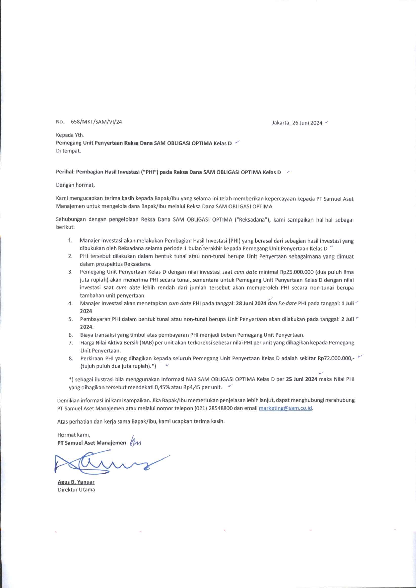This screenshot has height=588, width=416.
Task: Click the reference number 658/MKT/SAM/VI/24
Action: pos(96,122)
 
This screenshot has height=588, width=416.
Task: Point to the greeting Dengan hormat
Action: pos(75,185)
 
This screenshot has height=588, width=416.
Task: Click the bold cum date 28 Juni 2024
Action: pos(251,303)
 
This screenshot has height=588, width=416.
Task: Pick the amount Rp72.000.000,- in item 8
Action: pos(336,359)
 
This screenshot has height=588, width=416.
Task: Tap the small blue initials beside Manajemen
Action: pos(136,442)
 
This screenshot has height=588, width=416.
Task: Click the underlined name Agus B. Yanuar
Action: pos(76,482)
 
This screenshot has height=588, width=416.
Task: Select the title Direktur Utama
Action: pos(76,490)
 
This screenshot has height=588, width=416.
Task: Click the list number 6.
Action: pos(71,335)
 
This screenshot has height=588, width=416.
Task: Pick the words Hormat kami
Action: pos(74,435)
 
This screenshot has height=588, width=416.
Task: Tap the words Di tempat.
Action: pos(68,151)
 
